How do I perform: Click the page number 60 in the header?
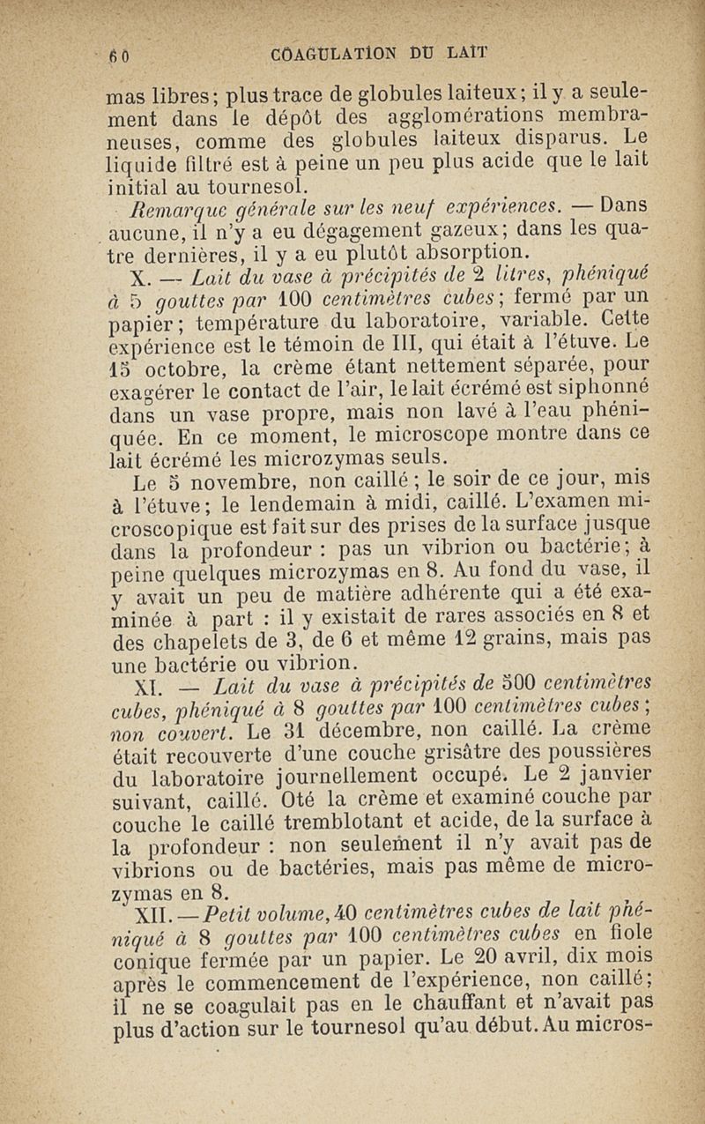click(119, 52)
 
